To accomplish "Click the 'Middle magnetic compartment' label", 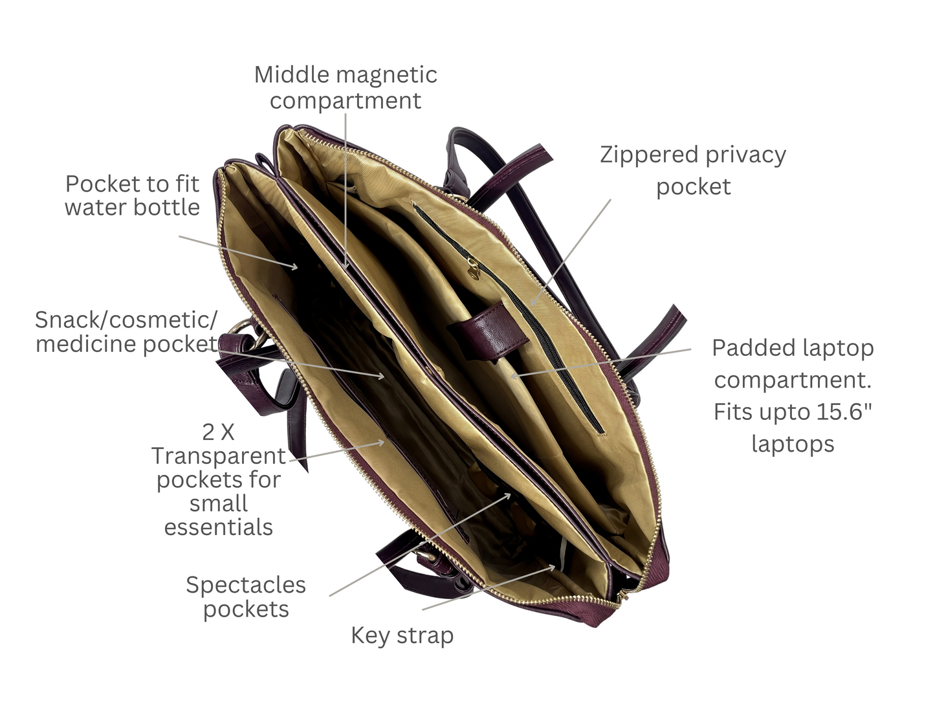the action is pos(346,87).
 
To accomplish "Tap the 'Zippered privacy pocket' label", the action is pos(693,170).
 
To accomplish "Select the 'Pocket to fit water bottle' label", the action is pos(133,195).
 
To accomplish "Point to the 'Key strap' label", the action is pos(402,636).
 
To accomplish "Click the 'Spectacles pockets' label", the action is pos(246,597).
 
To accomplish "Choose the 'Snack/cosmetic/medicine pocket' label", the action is pos(127,332).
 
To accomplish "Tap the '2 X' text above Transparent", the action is pos(218,432).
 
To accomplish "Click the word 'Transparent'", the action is pos(219,456).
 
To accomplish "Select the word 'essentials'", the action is pos(219,527).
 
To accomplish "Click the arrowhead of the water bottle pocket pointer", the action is pos(294,267).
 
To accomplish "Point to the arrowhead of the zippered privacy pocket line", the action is pos(533,302).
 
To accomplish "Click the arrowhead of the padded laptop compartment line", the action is pos(514,377).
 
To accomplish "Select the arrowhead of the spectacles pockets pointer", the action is pos(507,496).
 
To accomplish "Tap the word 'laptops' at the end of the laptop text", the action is pos(793,444).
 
